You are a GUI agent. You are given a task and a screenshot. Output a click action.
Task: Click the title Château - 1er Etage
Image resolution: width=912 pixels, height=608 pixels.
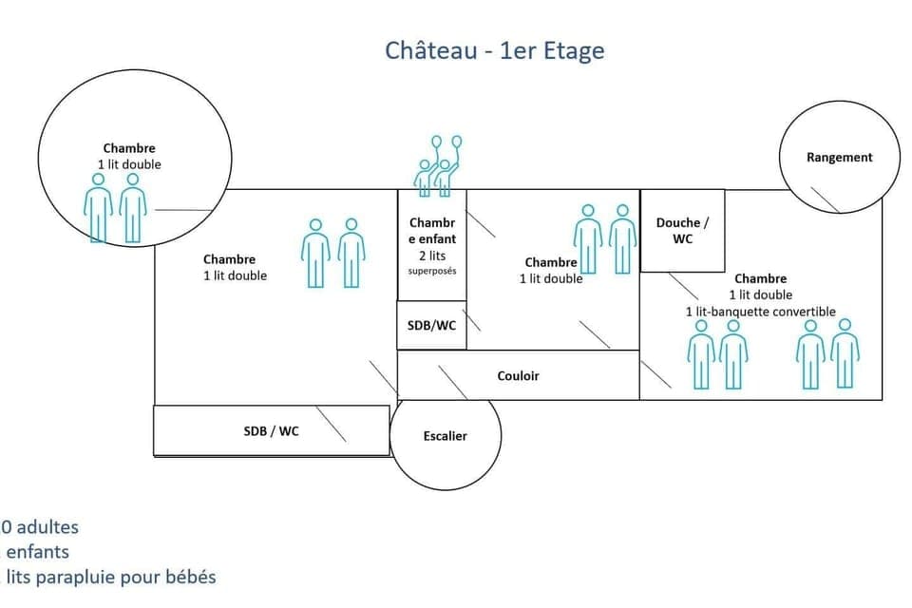494,49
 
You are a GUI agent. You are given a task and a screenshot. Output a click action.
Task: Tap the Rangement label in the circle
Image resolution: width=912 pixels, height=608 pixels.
839,157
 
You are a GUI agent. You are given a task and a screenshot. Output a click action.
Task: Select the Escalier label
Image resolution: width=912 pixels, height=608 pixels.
446,436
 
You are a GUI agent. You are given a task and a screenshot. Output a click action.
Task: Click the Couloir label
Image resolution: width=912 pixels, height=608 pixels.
518,376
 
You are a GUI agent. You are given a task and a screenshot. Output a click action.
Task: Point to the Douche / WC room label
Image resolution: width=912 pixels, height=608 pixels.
682,231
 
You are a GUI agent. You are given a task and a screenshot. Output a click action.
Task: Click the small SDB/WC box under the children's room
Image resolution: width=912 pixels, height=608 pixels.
431,325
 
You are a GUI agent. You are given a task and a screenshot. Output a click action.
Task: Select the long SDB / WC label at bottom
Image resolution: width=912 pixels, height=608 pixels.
271,431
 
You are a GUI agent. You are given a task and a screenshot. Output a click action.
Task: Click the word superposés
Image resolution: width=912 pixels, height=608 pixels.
431,272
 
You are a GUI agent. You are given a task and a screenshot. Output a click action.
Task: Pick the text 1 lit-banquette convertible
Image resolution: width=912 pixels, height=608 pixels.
760,312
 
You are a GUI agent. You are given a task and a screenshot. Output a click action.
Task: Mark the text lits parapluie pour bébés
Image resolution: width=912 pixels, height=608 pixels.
110,577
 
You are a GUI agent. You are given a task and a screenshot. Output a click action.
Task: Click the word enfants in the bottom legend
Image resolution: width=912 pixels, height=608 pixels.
38,551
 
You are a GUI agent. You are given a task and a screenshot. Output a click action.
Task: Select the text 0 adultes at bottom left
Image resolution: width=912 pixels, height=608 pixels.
40,526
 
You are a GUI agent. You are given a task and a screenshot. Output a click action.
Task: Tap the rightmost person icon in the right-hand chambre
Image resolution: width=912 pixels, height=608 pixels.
845,353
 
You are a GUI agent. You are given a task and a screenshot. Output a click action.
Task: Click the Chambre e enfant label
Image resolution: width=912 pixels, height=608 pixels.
431,231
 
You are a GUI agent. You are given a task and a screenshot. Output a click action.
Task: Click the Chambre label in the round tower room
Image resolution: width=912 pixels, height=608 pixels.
129,148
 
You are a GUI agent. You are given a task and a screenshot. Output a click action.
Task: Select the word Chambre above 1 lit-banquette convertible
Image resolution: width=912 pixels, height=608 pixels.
760,278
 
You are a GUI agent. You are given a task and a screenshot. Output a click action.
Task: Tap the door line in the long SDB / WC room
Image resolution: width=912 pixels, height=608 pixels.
331,425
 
